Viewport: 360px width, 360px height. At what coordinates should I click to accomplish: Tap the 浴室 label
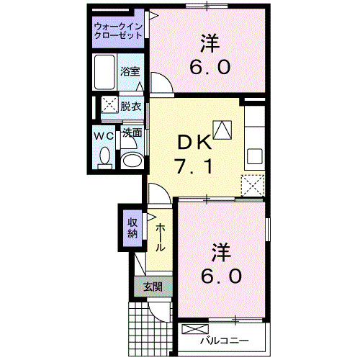tap(130, 72)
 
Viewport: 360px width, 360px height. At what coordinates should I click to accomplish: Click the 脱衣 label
tap(130, 105)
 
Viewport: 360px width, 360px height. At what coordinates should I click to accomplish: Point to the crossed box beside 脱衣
tap(108, 104)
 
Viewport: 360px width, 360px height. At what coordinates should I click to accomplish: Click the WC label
tap(103, 135)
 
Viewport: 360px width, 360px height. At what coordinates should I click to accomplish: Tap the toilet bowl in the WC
tap(104, 156)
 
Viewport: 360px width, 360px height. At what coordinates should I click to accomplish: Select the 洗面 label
tap(131, 132)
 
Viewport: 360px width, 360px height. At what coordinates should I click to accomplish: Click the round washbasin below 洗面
tap(130, 160)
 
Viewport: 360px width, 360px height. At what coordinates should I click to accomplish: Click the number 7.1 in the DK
tap(193, 168)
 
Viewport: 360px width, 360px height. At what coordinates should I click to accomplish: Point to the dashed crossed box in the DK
tap(253, 185)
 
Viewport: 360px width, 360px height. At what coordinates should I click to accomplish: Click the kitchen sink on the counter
tap(254, 156)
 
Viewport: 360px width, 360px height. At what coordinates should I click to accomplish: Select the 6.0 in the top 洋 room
tap(210, 68)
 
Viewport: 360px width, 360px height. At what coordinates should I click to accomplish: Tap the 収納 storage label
tap(133, 228)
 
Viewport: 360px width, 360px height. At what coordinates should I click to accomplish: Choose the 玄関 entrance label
tap(151, 287)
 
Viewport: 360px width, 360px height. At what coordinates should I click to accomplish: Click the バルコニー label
tap(224, 339)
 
